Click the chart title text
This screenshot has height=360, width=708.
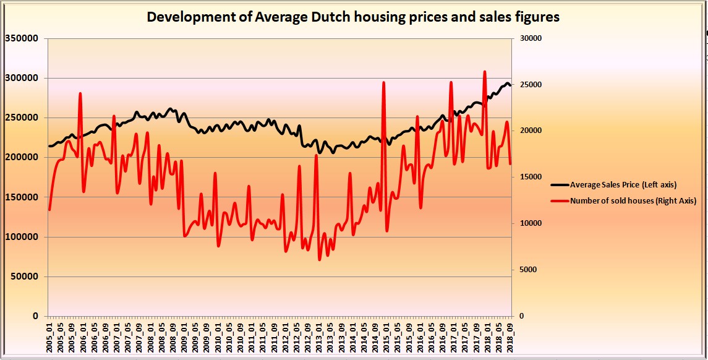pos(353,17)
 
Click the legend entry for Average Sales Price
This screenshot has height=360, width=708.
pos(623,184)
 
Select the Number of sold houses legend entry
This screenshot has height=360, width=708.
pos(633,200)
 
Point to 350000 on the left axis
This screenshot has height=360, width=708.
pos(22,38)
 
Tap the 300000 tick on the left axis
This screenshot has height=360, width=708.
pos(22,78)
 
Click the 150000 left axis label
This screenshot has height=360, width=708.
pos(22,197)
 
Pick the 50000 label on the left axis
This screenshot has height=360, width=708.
pos(24,276)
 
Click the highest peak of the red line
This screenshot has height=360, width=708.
pos(485,71)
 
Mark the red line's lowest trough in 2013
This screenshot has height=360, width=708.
pos(320,259)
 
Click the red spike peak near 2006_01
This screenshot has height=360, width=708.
pos(80,93)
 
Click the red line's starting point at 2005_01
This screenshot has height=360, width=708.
pos(49,210)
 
